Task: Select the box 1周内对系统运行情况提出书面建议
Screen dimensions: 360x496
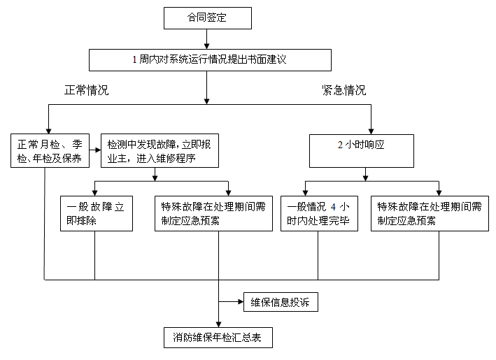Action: (209, 60)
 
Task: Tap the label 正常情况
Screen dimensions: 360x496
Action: (87, 91)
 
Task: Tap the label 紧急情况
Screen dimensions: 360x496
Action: (343, 91)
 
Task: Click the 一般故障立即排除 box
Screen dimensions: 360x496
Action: (94, 213)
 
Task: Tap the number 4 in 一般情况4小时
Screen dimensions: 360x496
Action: (334, 207)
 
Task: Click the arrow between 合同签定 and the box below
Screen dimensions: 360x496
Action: (206, 40)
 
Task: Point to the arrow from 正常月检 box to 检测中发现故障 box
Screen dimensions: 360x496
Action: (94, 147)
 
